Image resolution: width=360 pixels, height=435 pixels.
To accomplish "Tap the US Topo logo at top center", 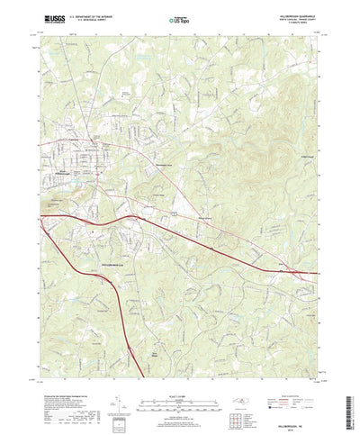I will click(x=180, y=18).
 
